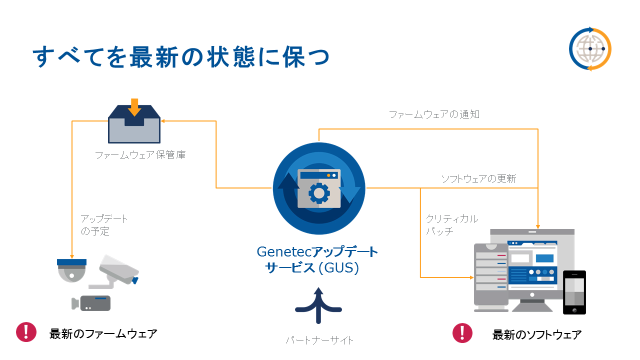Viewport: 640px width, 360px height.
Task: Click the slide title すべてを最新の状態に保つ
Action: pyautogui.click(x=181, y=57)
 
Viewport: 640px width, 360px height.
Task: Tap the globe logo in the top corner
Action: pyautogui.click(x=590, y=49)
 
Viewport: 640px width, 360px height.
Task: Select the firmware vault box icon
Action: pyautogui.click(x=134, y=125)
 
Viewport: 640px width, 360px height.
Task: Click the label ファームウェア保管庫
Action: pyautogui.click(x=140, y=155)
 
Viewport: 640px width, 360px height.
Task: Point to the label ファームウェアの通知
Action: pyautogui.click(x=434, y=114)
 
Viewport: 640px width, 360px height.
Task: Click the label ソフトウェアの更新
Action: pyautogui.click(x=478, y=178)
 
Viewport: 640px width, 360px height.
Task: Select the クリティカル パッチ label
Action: pyautogui.click(x=451, y=225)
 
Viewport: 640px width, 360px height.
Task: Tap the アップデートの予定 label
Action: pyautogui.click(x=104, y=225)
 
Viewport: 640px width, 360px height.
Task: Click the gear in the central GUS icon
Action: pyautogui.click(x=318, y=192)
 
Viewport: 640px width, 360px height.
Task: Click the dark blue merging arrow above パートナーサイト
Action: pyautogui.click(x=318, y=305)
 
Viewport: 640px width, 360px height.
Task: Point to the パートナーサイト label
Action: pyautogui.click(x=319, y=340)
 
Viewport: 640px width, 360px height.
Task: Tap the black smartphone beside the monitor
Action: pyautogui.click(x=574, y=292)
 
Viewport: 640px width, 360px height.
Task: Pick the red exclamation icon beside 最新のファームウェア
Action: pyautogui.click(x=25, y=332)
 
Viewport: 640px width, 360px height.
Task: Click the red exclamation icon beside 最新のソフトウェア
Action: pyautogui.click(x=462, y=333)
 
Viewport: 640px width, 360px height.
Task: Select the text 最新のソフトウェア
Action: pyautogui.click(x=536, y=334)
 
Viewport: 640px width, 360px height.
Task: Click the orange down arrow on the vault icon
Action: pyautogui.click(x=133, y=106)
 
